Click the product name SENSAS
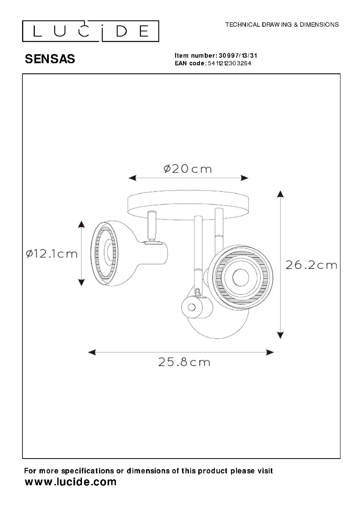tap(50, 59)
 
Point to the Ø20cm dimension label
tap(188, 169)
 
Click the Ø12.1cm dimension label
tap(52, 254)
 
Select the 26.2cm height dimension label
tap(311, 265)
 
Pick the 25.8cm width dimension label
tap(184, 362)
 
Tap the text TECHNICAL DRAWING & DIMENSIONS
tap(282, 25)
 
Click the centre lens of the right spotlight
tap(241, 278)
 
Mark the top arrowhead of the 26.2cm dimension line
tap(280, 194)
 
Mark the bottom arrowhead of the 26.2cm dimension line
tap(280, 336)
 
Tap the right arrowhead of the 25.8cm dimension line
tap(270, 352)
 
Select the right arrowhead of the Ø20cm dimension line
tap(245, 178)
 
